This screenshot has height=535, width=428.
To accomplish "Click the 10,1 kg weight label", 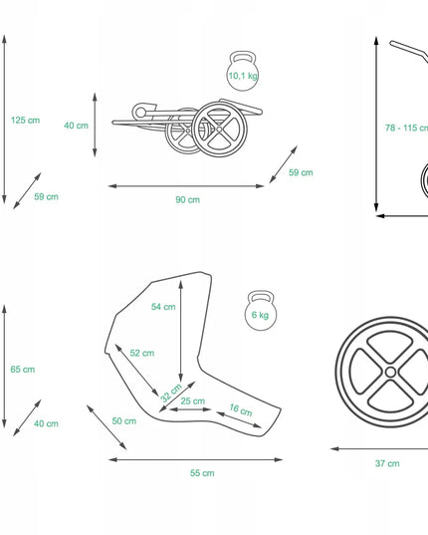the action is coord(243,76).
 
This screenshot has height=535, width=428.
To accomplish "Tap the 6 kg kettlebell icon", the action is coord(261,310).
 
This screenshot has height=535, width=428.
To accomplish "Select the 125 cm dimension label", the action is coord(25,121).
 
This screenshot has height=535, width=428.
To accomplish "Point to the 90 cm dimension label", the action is coord(187,199).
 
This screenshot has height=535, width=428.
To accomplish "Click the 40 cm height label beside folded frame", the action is coord(76,126).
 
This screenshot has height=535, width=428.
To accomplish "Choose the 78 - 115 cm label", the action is coord(406,128).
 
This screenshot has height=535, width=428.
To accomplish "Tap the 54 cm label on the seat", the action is coord(163,307).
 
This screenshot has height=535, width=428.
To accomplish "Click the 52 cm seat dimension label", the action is coord(142,353).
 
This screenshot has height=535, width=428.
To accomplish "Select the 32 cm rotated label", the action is coord(171,393).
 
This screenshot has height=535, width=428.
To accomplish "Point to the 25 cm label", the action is coord(193,401).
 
